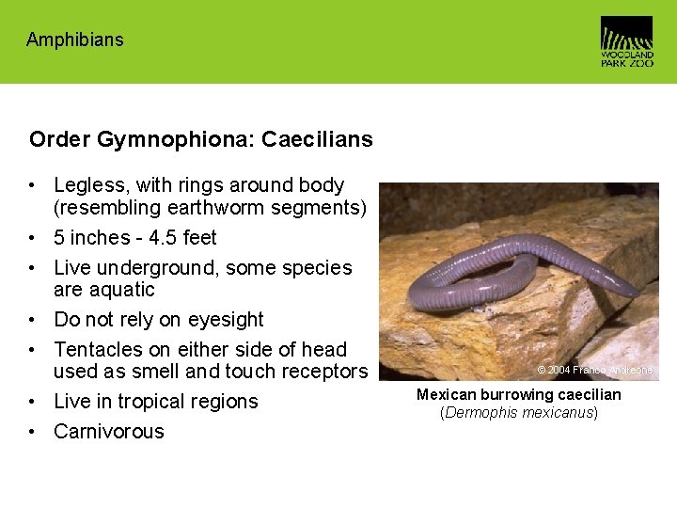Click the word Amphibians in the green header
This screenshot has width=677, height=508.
point(74,40)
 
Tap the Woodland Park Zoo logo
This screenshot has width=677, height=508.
point(626,40)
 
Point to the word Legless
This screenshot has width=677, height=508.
point(92,185)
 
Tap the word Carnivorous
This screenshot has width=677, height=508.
point(109,432)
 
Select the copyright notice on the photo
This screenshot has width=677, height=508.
point(595,371)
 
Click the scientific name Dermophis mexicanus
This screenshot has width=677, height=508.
point(519,412)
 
